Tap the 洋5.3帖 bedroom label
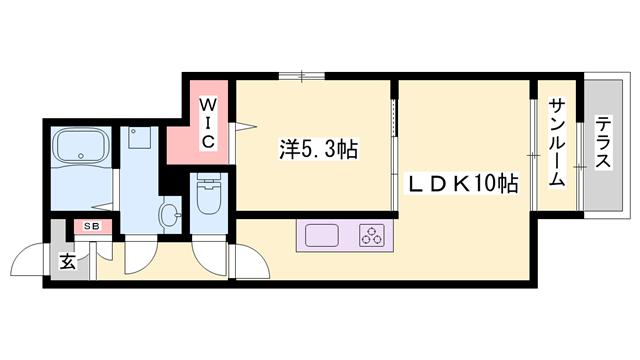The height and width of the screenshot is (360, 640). [318, 151]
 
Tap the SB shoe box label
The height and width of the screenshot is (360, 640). [91, 227]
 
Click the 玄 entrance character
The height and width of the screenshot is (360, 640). [66, 262]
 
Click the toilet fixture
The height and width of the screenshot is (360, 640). [209, 197]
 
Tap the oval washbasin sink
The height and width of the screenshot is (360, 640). [169, 212]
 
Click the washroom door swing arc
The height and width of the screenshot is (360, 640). [142, 258]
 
